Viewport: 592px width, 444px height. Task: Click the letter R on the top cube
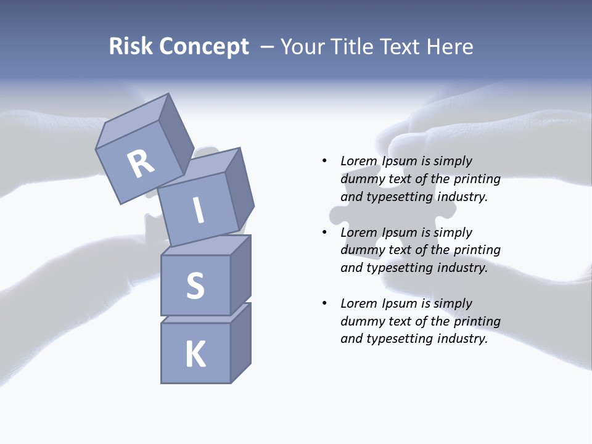point(141,164)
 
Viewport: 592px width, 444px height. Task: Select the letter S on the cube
point(195,286)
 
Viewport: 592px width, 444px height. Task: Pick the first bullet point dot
point(324,161)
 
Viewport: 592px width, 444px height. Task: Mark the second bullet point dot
point(324,232)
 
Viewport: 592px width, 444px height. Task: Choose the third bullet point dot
point(324,303)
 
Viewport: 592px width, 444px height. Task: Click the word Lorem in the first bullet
point(359,161)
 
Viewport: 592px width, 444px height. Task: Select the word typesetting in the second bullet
point(399,268)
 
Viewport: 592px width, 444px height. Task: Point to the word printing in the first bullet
point(477,179)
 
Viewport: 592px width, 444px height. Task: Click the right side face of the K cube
point(240,343)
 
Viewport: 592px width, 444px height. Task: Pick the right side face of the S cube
point(240,274)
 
